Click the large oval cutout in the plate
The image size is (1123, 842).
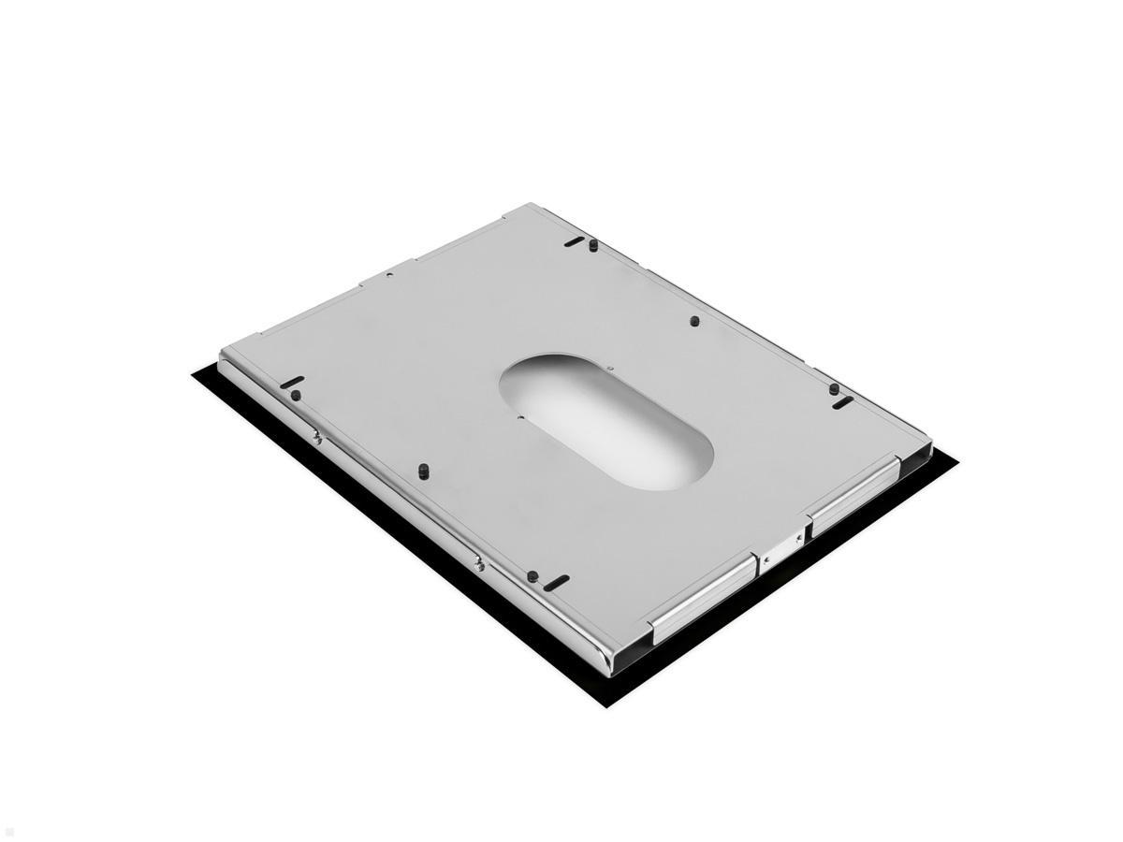(606, 423)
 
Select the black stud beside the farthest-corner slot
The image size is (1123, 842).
(592, 245)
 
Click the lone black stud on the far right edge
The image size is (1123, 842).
(694, 321)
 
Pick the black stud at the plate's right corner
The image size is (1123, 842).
(834, 389)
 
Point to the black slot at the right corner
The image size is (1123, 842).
(843, 403)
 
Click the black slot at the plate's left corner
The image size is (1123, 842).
(293, 382)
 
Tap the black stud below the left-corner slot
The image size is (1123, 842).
(296, 396)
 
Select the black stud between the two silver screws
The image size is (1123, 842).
(422, 468)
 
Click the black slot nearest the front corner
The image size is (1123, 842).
(555, 582)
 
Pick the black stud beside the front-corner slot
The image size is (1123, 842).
(532, 575)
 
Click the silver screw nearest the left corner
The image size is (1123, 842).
(318, 434)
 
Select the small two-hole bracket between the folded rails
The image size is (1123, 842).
(782, 548)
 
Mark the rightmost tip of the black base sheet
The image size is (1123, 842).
(959, 460)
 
